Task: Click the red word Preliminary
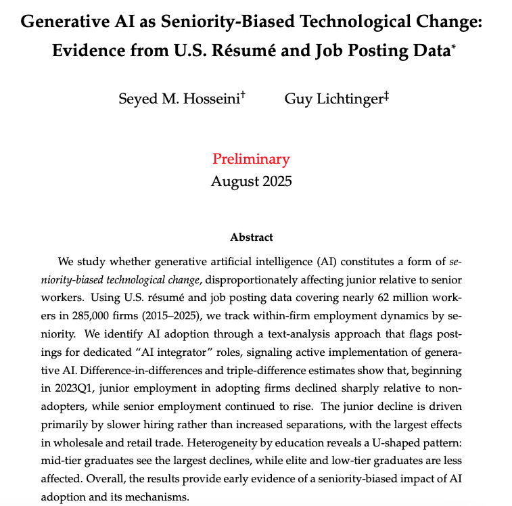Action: click(x=251, y=159)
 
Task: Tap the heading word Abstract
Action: click(x=251, y=237)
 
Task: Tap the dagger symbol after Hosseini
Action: click(x=242, y=95)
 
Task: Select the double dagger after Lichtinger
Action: click(x=386, y=95)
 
